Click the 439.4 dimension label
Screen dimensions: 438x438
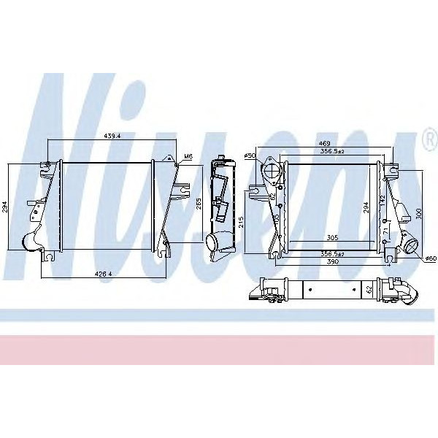(x=111, y=136)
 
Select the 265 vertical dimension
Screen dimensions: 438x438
(x=199, y=204)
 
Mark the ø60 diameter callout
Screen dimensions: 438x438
(x=430, y=257)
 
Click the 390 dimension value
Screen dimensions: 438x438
(x=332, y=261)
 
